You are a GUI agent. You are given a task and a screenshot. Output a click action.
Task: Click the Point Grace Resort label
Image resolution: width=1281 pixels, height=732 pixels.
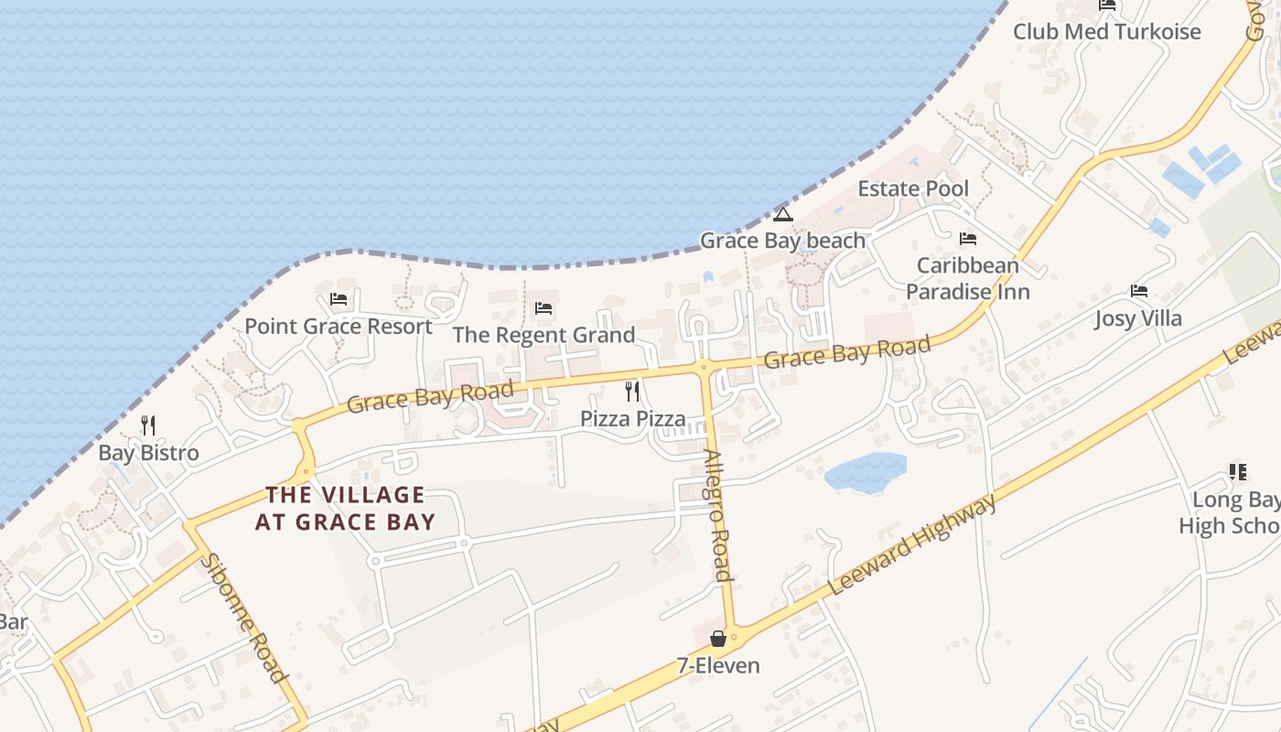tap(339, 327)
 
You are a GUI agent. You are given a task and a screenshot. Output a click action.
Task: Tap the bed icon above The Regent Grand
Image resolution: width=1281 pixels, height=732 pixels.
tap(544, 308)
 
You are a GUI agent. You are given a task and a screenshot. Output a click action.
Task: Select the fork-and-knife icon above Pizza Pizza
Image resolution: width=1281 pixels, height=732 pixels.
tap(632, 392)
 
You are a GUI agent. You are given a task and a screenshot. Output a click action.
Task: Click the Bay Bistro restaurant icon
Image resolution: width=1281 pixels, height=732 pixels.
tap(148, 425)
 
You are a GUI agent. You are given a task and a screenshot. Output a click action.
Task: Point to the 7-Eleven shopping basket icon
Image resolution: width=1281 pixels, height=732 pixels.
tap(718, 638)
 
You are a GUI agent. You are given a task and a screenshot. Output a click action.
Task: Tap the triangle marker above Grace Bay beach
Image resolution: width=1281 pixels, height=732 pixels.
tap(782, 214)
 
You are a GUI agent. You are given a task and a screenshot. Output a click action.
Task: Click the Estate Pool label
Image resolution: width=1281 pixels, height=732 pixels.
tap(912, 188)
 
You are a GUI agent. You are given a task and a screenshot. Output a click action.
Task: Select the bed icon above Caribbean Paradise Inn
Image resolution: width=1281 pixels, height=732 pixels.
tap(968, 239)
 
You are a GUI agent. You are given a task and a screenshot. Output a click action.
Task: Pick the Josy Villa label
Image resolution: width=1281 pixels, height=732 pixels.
tap(1138, 318)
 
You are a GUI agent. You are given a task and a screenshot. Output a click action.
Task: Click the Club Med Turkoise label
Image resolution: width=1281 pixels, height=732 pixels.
tap(1106, 31)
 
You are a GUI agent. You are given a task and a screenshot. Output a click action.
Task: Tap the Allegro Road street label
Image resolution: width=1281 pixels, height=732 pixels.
tap(716, 516)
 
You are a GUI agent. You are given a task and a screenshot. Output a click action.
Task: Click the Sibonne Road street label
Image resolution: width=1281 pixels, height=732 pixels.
tap(244, 618)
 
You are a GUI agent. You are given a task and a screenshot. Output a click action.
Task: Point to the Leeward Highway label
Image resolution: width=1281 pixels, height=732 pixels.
tap(911, 546)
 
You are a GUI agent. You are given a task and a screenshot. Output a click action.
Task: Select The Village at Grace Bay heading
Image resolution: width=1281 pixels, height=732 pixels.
tap(345, 509)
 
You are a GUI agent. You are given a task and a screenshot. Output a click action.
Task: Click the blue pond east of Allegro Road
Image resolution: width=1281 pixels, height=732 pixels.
tap(864, 472)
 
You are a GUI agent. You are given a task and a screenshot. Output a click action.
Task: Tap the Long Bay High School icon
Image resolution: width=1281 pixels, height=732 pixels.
tap(1237, 472)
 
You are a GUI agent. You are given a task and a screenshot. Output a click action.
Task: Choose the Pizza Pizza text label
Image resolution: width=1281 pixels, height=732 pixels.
tap(632, 419)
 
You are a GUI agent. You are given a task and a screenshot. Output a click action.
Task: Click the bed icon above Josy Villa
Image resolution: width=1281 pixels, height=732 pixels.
tap(1138, 291)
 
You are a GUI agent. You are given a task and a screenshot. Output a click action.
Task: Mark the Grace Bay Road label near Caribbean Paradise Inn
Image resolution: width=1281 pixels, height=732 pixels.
tap(846, 352)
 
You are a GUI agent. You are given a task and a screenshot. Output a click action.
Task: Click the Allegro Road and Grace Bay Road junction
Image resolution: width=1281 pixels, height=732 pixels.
tap(704, 367)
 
